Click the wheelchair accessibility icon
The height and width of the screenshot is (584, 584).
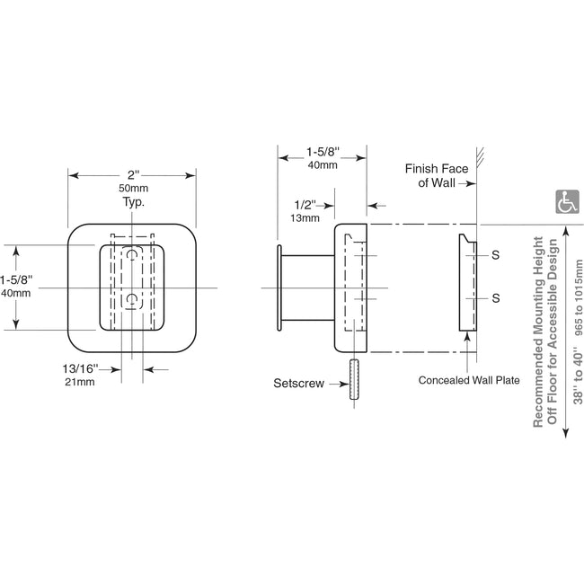click(567, 202)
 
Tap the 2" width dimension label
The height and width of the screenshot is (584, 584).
click(133, 174)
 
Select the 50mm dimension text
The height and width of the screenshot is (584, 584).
click(133, 189)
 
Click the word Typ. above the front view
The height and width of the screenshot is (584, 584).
click(133, 203)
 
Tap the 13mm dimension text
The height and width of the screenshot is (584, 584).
click(305, 217)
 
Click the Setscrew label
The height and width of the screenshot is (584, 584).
click(298, 384)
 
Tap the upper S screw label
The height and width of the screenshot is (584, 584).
click(495, 255)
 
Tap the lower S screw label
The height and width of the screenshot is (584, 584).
click(495, 297)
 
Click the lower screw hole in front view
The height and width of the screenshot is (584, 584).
click(133, 298)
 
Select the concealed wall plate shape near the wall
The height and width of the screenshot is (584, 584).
click(467, 283)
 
